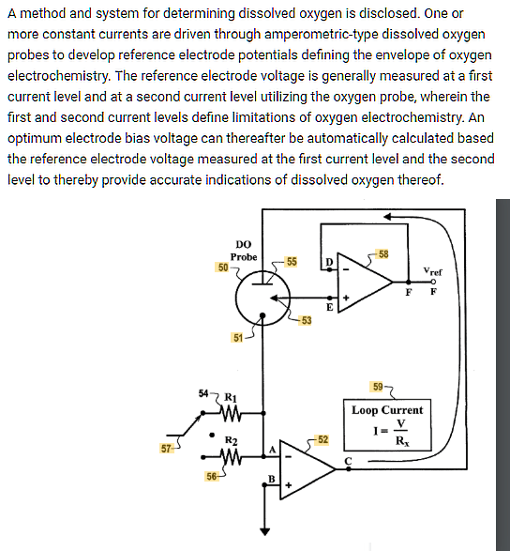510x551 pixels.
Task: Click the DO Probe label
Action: tap(244, 250)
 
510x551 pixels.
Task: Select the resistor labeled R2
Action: tap(231, 456)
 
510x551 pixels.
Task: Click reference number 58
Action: tap(383, 254)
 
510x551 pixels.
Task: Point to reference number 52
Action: tap(322, 439)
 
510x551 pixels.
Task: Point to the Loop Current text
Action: tap(387, 410)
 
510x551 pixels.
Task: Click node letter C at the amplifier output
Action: tap(348, 460)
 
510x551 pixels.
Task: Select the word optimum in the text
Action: tap(38, 138)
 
